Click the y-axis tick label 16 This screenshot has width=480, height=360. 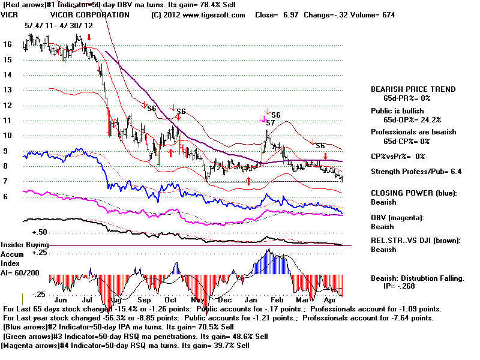[x=7, y=44]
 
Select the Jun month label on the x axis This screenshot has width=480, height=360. [x=61, y=299]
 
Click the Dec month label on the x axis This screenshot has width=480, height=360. [x=225, y=299]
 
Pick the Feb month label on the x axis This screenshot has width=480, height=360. [x=277, y=299]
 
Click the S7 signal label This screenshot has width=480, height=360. [x=271, y=123]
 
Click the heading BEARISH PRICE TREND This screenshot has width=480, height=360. [x=413, y=89]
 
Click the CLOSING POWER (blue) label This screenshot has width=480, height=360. [x=413, y=193]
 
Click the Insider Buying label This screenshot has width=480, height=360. [x=24, y=245]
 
